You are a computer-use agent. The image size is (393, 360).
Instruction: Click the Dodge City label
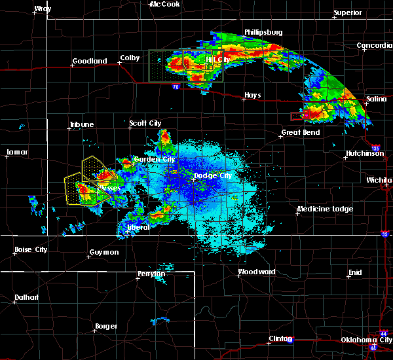213,175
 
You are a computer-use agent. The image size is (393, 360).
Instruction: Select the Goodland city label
90,61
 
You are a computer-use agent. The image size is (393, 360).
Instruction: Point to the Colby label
130,58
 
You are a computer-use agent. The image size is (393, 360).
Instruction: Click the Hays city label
252,95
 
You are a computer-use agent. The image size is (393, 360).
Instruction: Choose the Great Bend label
300,132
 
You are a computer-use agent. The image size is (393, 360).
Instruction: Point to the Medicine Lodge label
325,209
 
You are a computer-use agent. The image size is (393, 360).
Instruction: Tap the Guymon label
104,252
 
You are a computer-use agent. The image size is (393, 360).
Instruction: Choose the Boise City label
31,249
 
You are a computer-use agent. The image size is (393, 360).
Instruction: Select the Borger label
106,326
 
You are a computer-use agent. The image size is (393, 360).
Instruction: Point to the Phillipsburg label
263,31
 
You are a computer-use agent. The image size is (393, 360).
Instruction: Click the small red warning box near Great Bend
297,116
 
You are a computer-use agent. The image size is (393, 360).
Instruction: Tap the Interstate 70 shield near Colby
176,86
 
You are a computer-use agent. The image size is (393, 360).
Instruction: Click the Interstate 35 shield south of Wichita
384,234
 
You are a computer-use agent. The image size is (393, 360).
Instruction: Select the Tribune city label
83,124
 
